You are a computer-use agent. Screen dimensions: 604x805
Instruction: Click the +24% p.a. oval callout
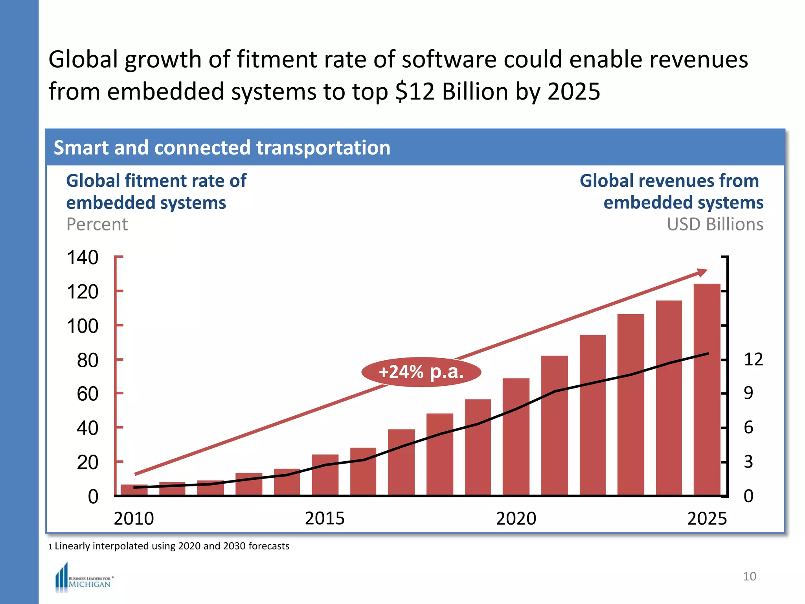[x=421, y=372]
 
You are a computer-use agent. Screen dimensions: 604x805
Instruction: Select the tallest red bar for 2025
[x=707, y=389]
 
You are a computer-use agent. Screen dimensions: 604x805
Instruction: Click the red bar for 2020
[x=516, y=436]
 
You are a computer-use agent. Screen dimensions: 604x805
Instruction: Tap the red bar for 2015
[x=325, y=475]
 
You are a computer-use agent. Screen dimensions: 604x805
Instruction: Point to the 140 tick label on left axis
[x=83, y=258]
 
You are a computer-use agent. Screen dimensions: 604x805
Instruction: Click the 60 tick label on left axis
[x=87, y=394]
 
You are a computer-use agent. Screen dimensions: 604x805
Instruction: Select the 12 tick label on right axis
[x=753, y=359]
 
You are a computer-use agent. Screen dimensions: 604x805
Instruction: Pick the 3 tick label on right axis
[x=748, y=462]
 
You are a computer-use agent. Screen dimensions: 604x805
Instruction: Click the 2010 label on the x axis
[x=134, y=518]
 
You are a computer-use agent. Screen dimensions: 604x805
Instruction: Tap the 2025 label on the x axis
[x=707, y=518]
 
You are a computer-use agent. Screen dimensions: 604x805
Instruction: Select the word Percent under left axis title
[x=97, y=224]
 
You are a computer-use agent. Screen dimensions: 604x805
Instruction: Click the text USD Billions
[x=715, y=224]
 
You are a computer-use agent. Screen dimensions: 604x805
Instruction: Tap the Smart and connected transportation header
[x=222, y=147]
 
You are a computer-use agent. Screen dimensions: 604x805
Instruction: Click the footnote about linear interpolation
[x=169, y=546]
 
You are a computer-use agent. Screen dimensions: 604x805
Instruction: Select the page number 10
[x=749, y=576]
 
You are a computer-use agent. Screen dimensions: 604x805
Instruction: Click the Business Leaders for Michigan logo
[x=84, y=578]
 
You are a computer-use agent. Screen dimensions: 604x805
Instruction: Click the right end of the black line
[x=708, y=354]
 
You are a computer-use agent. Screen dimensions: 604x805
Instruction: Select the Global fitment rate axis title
[x=156, y=192]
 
